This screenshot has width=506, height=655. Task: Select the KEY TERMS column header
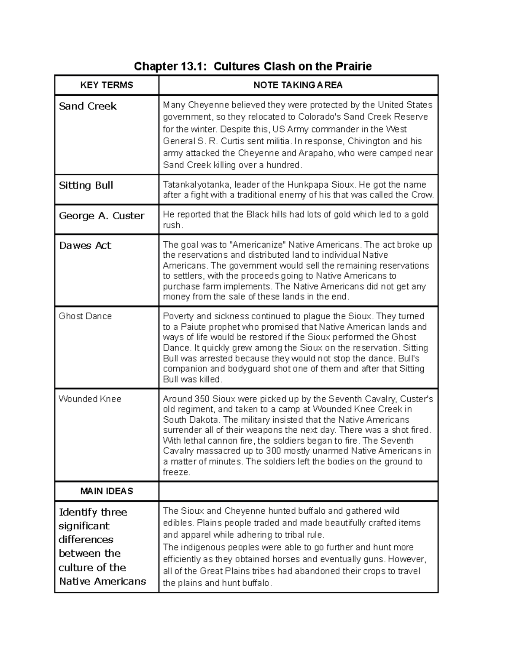pyautogui.click(x=107, y=85)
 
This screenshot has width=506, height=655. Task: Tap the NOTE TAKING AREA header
pyautogui.click(x=298, y=85)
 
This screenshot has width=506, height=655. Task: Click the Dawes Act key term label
pyautogui.click(x=85, y=245)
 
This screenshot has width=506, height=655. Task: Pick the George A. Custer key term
pyautogui.click(x=102, y=216)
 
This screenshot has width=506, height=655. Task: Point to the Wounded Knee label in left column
pyautogui.click(x=90, y=399)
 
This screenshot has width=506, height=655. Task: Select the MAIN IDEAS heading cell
pyautogui.click(x=107, y=491)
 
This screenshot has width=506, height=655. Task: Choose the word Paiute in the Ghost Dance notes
pyautogui.click(x=195, y=327)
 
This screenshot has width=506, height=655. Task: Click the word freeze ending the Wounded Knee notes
pyautogui.click(x=176, y=472)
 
